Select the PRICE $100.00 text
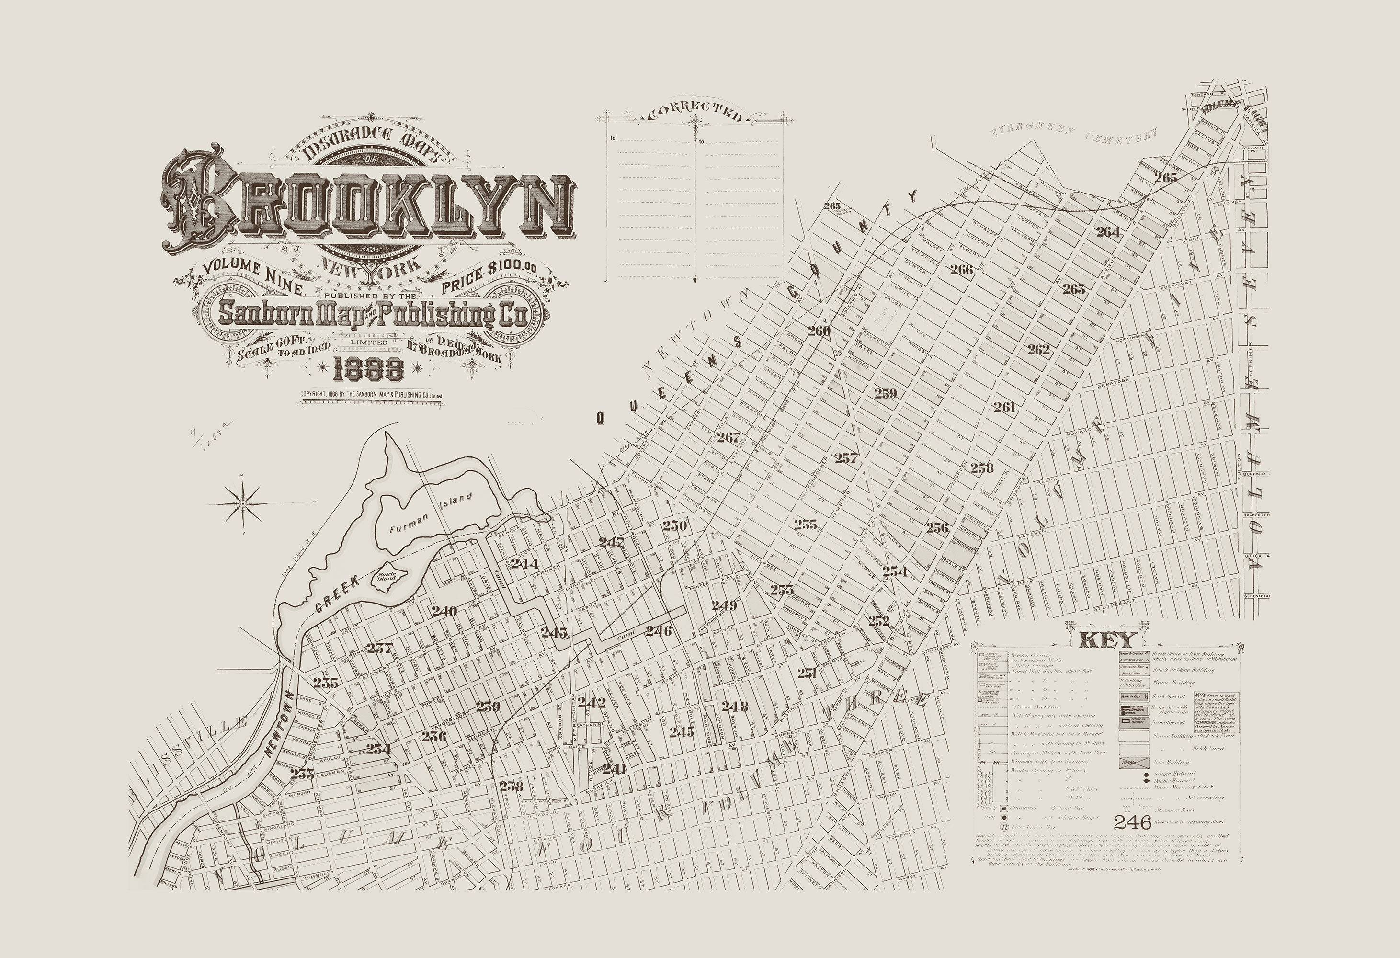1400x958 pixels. pos(489,276)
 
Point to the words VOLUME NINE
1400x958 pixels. pos(252,276)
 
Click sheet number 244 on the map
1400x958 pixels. pos(524,564)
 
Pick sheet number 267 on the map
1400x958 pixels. pos(728,437)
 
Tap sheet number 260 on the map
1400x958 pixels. pos(820,331)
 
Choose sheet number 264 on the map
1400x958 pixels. pos(1108,232)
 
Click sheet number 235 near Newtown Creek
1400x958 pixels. pos(326,683)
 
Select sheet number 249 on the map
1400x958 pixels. pos(724,605)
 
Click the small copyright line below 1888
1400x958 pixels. pos(371,395)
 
